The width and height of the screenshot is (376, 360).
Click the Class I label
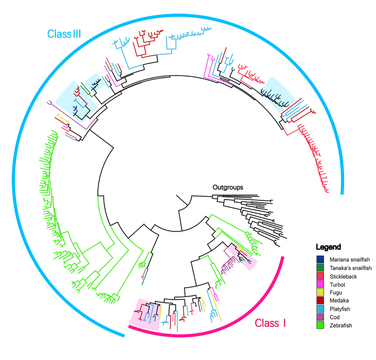tap(270, 323)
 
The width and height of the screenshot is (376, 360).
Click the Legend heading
tap(329, 247)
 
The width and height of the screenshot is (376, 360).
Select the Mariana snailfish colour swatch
tap(320, 259)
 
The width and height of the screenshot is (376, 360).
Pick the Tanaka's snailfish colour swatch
tap(320, 268)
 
